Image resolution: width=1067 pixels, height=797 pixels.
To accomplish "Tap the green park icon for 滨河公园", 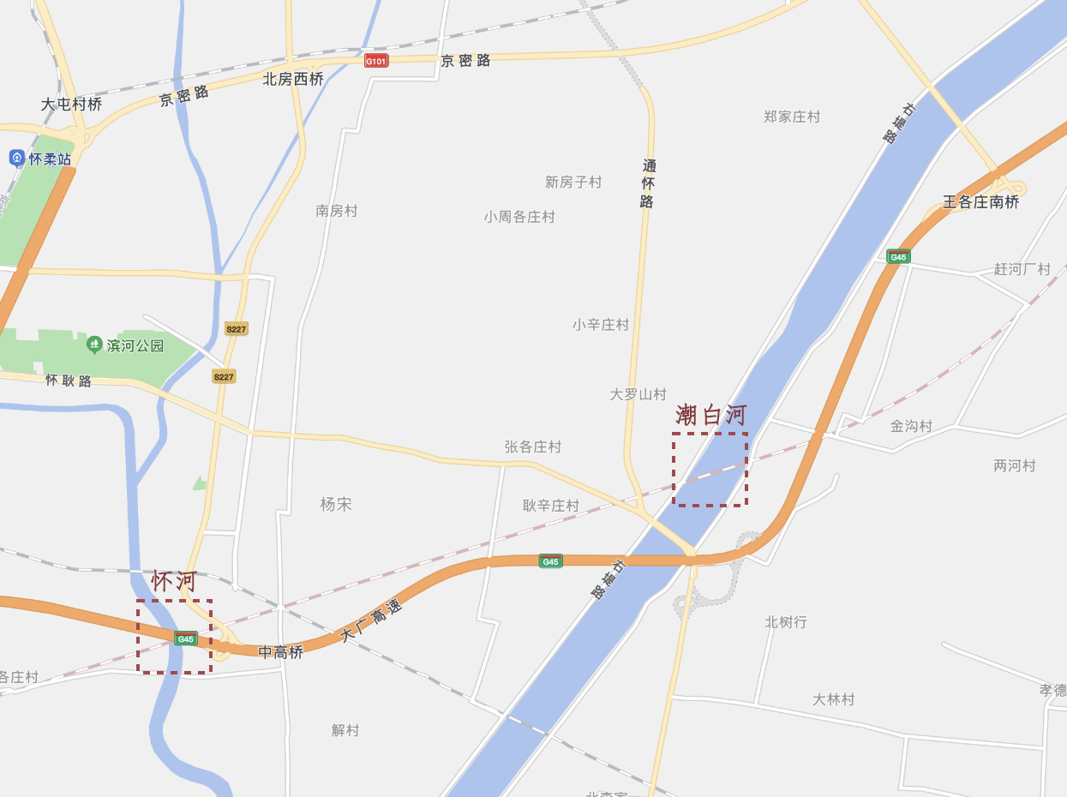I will point(94,345).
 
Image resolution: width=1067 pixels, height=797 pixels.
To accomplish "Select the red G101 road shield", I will point(376,61).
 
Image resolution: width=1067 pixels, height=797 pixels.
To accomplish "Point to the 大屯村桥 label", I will point(71,105).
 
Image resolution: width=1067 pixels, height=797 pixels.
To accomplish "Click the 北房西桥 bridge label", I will point(293,80).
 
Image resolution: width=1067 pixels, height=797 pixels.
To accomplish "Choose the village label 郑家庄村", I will point(791,117).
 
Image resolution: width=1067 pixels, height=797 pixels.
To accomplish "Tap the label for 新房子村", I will point(573,182).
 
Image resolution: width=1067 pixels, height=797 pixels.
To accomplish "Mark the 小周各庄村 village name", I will point(519,217).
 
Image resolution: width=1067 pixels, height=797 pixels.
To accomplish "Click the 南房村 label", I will point(336,211).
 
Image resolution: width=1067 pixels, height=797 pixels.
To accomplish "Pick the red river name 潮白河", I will point(710,416).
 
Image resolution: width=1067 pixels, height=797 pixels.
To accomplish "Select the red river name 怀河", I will point(174,581).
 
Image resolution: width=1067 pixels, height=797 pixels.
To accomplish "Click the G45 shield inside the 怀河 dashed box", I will point(185,638).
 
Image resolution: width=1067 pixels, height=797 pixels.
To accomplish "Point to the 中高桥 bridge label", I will point(281,652).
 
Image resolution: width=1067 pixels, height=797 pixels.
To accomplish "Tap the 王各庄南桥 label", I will point(980,202).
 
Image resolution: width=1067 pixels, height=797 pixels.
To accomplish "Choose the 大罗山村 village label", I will point(638,394).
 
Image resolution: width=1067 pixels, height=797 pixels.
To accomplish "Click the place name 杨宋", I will point(336,504).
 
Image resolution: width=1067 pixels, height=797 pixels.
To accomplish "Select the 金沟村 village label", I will point(910,426).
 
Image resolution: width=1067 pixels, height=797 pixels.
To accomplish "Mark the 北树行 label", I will point(785,622).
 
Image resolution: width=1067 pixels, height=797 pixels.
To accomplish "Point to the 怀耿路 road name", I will point(69,381).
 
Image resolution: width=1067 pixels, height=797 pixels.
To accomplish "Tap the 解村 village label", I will point(345,730).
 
